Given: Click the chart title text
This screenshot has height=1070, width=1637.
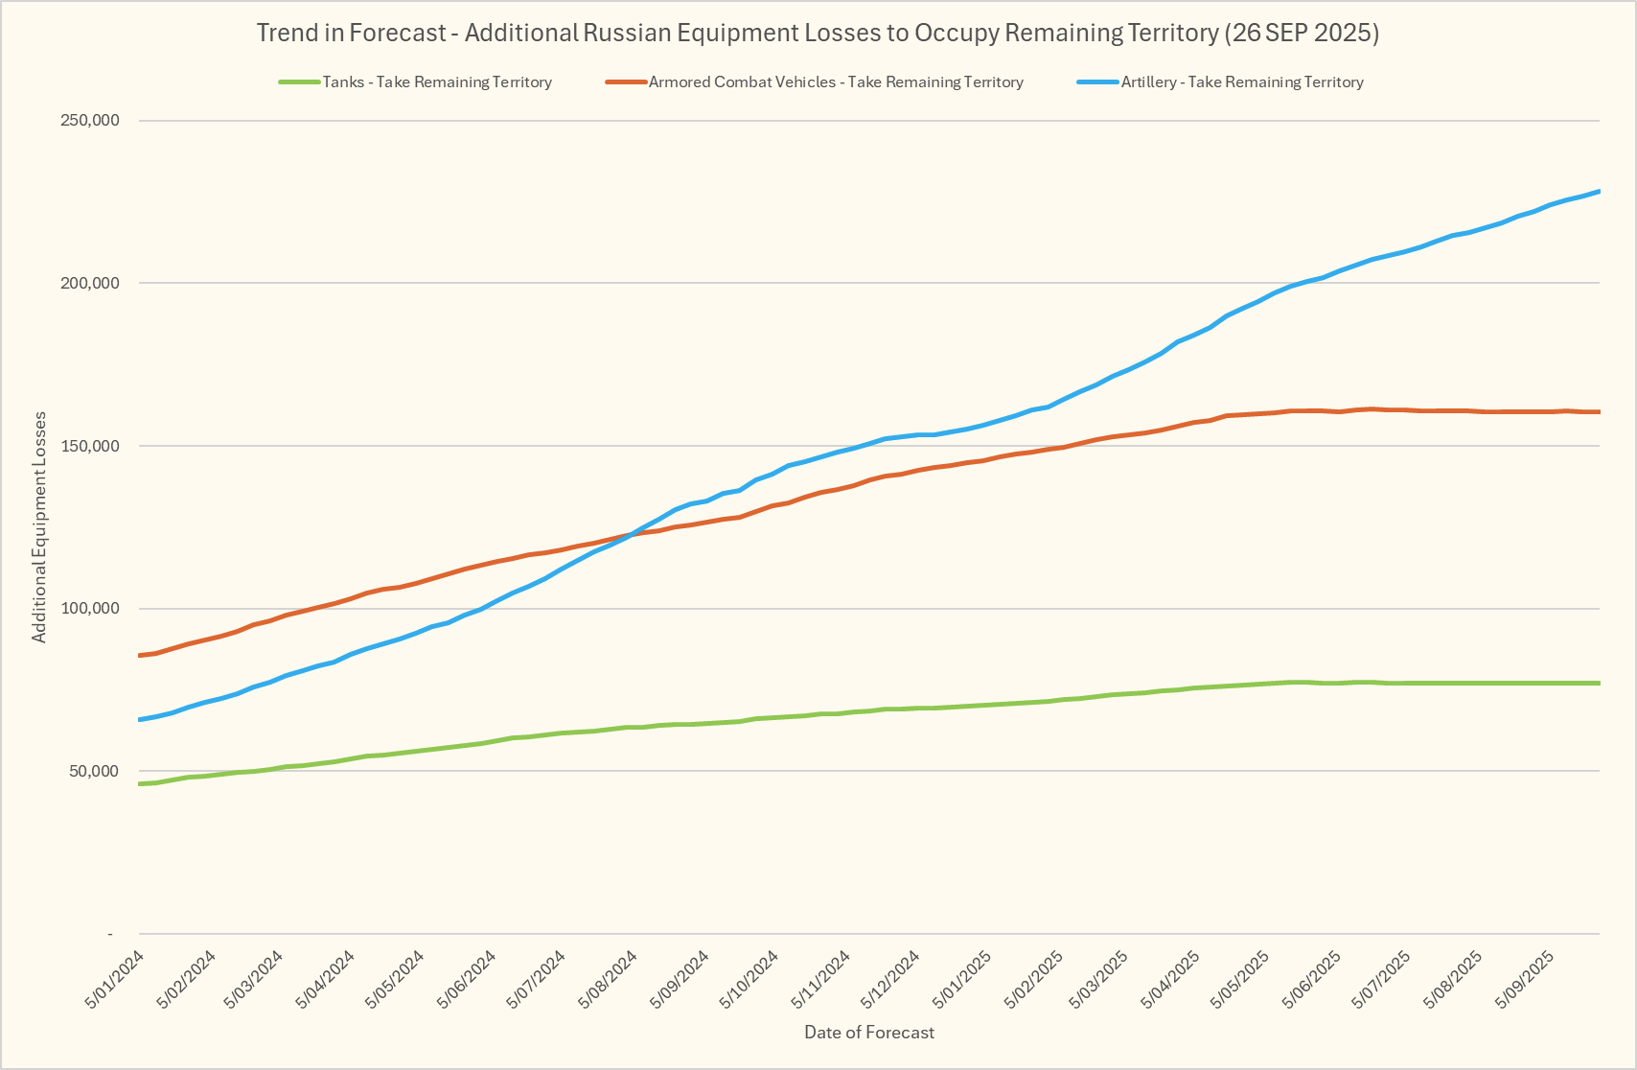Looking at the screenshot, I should (818, 33).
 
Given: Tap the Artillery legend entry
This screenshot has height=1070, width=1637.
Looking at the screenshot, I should (1241, 82).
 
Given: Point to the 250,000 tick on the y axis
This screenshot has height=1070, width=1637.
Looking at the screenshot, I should (89, 121).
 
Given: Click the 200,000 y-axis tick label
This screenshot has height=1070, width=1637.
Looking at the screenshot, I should (89, 283).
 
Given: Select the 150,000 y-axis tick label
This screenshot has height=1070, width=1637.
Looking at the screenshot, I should (89, 446).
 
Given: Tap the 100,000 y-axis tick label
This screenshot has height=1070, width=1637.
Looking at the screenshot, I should (89, 609).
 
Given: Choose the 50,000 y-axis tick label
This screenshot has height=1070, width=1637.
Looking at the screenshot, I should (92, 771).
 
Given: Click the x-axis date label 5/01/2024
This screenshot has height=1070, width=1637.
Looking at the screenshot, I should (116, 978).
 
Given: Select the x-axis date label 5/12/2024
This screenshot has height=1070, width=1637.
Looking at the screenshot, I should (891, 978).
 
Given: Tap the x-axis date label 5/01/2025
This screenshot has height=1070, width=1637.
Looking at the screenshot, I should (962, 978).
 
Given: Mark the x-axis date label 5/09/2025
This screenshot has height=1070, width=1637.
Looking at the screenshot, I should (1526, 978).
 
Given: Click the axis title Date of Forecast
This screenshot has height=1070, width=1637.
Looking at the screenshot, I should (869, 1032).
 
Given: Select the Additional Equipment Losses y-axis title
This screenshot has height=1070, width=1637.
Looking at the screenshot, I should (39, 526).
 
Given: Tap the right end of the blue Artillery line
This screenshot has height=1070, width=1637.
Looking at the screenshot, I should (1599, 192).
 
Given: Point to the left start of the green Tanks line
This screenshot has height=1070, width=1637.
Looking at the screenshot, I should (140, 783).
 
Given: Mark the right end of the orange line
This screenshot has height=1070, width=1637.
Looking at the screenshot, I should (1599, 412).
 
